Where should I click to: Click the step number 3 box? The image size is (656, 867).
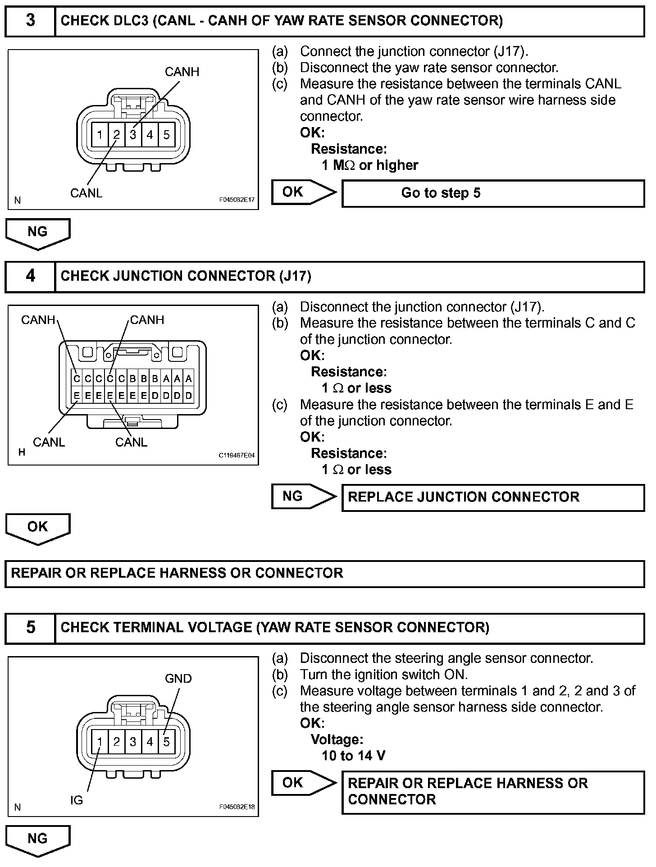point(30,21)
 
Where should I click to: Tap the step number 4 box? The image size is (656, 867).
point(30,276)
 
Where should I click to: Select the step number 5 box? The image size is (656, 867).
point(30,627)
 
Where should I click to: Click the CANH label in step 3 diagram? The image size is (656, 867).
point(182,72)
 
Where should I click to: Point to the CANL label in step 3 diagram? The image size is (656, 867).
point(86,193)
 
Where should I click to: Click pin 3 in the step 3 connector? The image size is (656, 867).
point(133,134)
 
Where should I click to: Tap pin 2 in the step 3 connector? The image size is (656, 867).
point(116,134)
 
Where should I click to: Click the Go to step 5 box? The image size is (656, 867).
point(493,193)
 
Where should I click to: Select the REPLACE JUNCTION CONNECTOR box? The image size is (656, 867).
point(493,497)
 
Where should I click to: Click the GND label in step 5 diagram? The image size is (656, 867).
point(178,679)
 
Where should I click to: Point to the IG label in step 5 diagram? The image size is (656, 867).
point(77,800)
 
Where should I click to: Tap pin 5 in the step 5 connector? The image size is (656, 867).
point(166,741)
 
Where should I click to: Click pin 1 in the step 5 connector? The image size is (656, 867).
point(100,741)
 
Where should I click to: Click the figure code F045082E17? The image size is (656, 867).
point(237,200)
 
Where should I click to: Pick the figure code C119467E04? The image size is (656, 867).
point(237,455)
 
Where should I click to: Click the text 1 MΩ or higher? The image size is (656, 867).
point(369,165)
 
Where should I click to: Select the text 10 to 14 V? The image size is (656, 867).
point(353,756)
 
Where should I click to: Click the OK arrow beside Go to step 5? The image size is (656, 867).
point(303,192)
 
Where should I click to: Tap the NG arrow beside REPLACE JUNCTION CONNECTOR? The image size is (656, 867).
point(303,497)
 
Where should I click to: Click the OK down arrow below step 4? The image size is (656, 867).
point(38,528)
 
